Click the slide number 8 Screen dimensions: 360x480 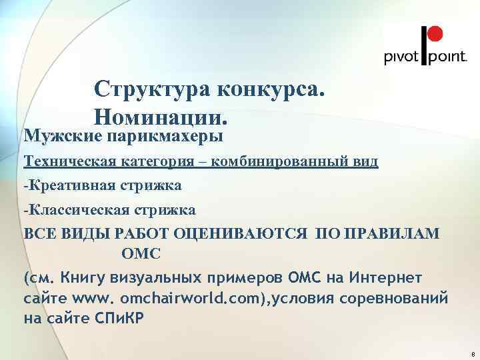pyautogui.click(x=472, y=353)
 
